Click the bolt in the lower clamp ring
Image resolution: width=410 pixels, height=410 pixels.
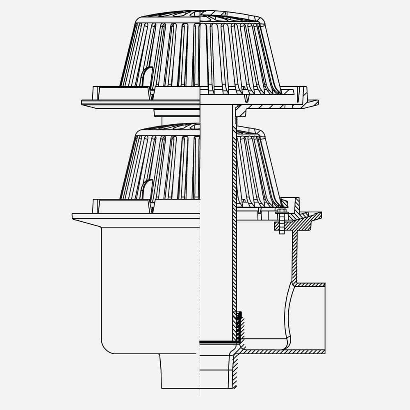pyautogui.click(x=282, y=221)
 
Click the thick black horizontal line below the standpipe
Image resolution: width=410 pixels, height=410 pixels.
pyautogui.click(x=217, y=341)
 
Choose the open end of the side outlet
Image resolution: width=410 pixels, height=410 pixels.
pyautogui.click(x=325, y=318)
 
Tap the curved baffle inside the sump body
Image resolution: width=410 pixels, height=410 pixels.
pyautogui.click(x=288, y=312)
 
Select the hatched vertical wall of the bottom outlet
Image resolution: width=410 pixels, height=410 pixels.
pyautogui.click(x=235, y=371)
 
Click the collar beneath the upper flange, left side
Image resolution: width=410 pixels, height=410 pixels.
pyautogui.click(x=176, y=113)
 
